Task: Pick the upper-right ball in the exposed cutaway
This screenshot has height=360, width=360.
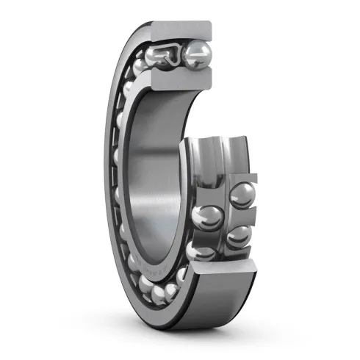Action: tap(243, 195)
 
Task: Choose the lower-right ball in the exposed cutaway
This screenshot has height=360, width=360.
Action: tap(237, 236)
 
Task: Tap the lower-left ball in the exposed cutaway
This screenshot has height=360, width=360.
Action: tap(205, 251)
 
